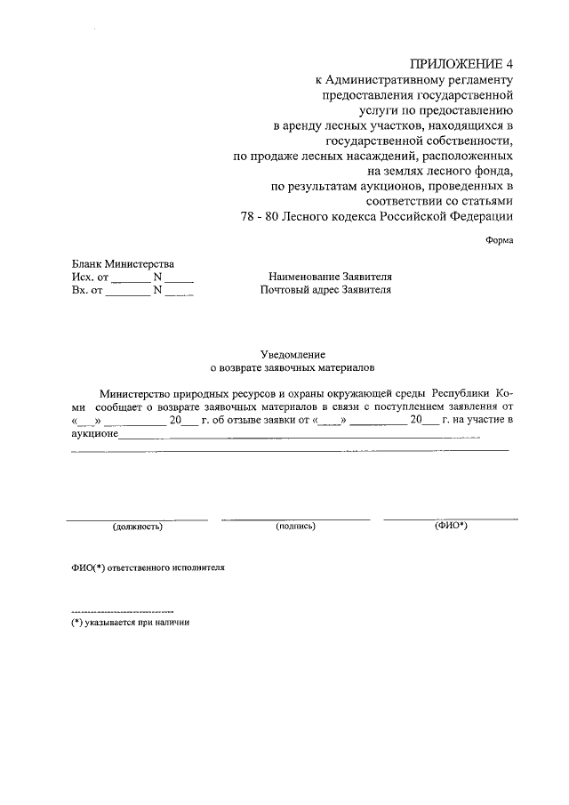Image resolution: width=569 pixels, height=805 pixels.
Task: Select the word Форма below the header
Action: [500, 240]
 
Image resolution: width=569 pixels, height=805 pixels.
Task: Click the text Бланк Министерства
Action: [123, 263]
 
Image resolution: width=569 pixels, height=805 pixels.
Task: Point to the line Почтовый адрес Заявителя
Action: [325, 290]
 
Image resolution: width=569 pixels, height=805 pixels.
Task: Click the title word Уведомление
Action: [291, 353]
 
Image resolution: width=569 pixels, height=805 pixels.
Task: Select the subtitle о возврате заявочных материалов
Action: [292, 366]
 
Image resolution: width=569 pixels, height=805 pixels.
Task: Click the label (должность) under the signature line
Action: [137, 527]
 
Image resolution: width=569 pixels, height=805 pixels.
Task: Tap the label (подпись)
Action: [296, 527]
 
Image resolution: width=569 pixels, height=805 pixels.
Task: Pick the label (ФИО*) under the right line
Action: [451, 526]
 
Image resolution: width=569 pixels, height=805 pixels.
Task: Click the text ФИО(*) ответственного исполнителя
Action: [148, 568]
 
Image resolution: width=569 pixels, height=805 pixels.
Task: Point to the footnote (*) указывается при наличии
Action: [131, 623]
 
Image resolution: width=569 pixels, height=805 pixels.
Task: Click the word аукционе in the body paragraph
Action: [94, 434]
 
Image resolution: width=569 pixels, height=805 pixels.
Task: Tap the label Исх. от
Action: [90, 277]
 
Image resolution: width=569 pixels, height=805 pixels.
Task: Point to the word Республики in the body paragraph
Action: [461, 392]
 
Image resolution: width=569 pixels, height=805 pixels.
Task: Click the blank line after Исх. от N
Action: [179, 278]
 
